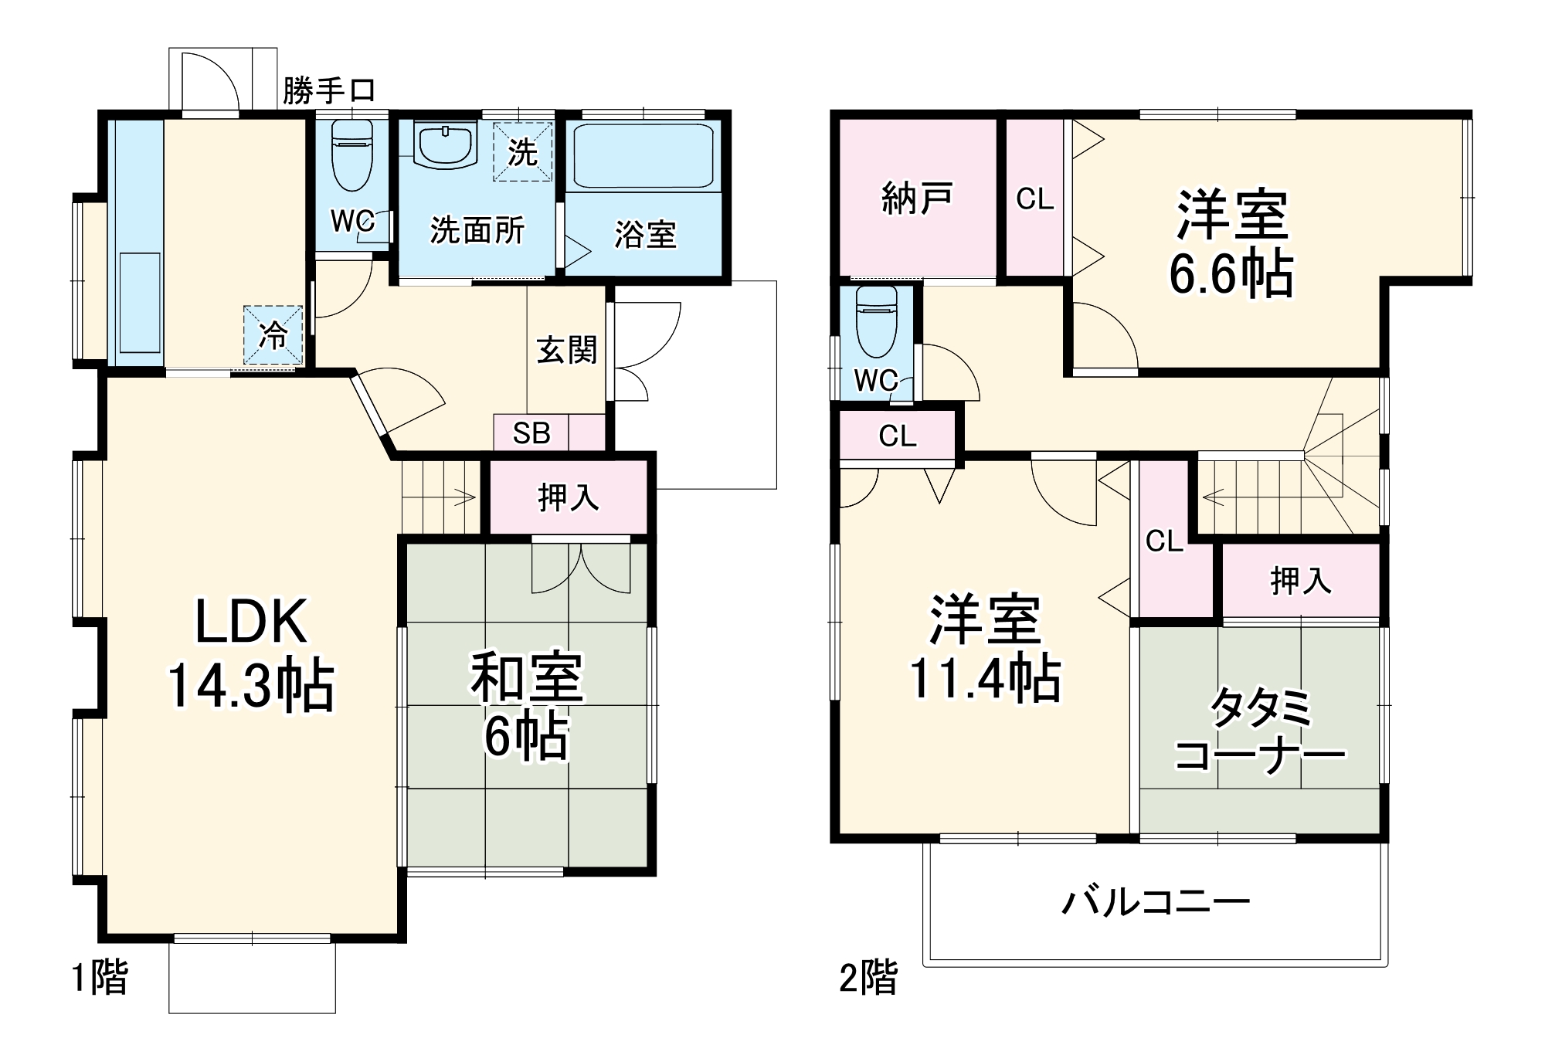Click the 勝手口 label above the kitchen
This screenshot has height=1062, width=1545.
point(329,90)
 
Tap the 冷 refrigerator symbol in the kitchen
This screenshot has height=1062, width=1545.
point(273,335)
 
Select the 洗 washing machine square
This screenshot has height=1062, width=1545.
point(523,152)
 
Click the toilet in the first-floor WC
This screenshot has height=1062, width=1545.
point(351,154)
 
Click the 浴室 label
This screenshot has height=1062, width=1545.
point(645,234)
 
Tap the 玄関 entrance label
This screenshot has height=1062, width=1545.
point(567,351)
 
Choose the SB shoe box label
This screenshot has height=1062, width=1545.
point(531,433)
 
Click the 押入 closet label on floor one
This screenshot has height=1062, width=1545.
point(569,497)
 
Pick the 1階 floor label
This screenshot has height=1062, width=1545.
point(100,979)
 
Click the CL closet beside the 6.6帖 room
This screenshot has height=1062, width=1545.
point(1034,199)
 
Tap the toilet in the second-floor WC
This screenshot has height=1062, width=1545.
point(877,321)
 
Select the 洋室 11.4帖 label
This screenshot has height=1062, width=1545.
point(985,649)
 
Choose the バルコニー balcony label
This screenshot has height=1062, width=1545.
point(1156,901)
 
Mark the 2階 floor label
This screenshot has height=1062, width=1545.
point(868,978)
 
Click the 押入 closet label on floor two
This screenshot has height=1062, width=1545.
point(1301,580)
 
